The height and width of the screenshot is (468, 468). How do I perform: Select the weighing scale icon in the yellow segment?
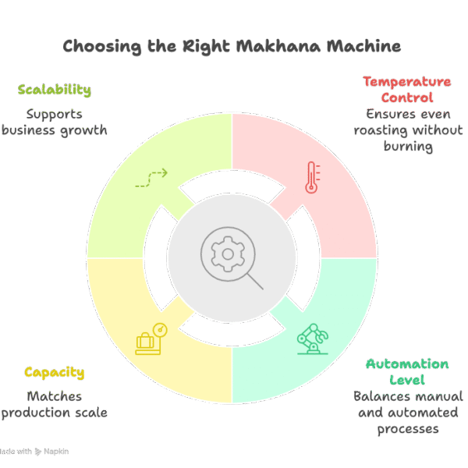click(x=151, y=338)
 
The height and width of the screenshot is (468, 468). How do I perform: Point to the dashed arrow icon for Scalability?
click(x=151, y=178)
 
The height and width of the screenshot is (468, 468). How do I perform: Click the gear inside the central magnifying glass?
click(x=227, y=253)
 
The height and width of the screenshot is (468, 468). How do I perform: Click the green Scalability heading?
click(x=54, y=90)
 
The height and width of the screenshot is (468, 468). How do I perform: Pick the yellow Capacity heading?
click(x=54, y=373)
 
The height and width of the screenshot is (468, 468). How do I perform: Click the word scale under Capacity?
click(x=88, y=413)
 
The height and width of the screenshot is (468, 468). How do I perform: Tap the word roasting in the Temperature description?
click(x=379, y=130)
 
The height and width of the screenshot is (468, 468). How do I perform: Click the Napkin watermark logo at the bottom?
click(x=50, y=452)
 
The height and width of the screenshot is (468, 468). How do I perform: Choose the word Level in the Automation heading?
click(x=408, y=380)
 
